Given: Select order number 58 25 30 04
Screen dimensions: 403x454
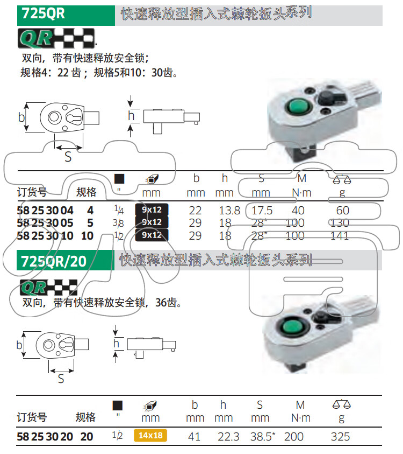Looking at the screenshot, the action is click(x=45, y=211).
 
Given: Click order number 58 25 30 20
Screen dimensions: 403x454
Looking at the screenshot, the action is click(x=45, y=437).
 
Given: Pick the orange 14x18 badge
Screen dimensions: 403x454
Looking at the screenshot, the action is click(x=150, y=436).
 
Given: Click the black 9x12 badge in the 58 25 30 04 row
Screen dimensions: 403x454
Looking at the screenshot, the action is click(x=152, y=209).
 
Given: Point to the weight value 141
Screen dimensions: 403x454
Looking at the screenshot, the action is click(x=340, y=236).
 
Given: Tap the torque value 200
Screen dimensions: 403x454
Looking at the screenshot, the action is click(x=294, y=437).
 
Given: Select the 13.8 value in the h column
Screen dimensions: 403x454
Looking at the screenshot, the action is click(x=229, y=211).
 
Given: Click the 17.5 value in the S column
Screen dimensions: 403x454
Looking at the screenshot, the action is click(x=262, y=211).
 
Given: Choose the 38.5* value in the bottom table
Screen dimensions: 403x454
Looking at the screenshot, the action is click(x=263, y=436).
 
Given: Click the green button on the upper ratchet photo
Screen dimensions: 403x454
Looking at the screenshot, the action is click(x=298, y=106).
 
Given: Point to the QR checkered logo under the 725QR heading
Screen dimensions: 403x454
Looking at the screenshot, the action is click(x=56, y=38).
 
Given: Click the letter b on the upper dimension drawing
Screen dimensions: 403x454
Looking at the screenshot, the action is click(x=21, y=117).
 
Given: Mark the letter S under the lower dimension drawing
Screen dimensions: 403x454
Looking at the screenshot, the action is click(x=61, y=379).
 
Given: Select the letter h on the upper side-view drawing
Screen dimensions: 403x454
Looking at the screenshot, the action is click(x=131, y=116).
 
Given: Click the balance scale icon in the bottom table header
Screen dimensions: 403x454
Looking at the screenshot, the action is click(x=341, y=404).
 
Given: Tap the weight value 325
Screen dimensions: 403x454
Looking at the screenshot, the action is click(x=340, y=437).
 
